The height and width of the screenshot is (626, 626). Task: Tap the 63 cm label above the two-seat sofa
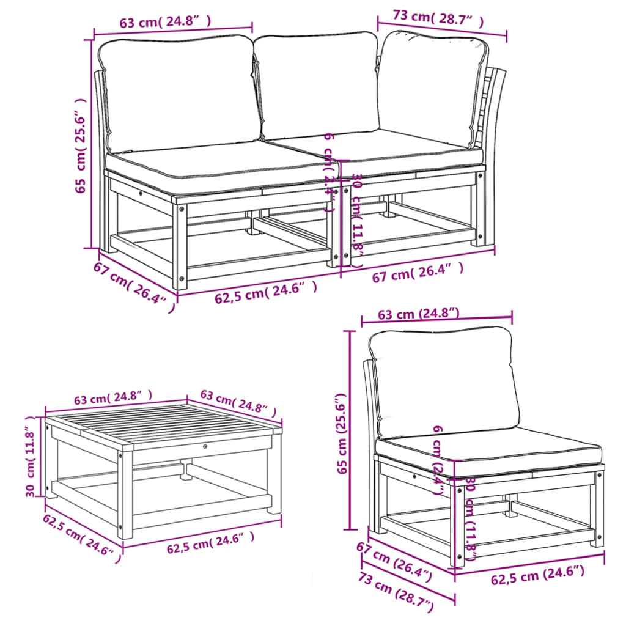(165, 23)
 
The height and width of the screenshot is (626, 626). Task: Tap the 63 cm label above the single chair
(419, 314)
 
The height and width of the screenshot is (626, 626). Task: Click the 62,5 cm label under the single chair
(537, 575)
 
